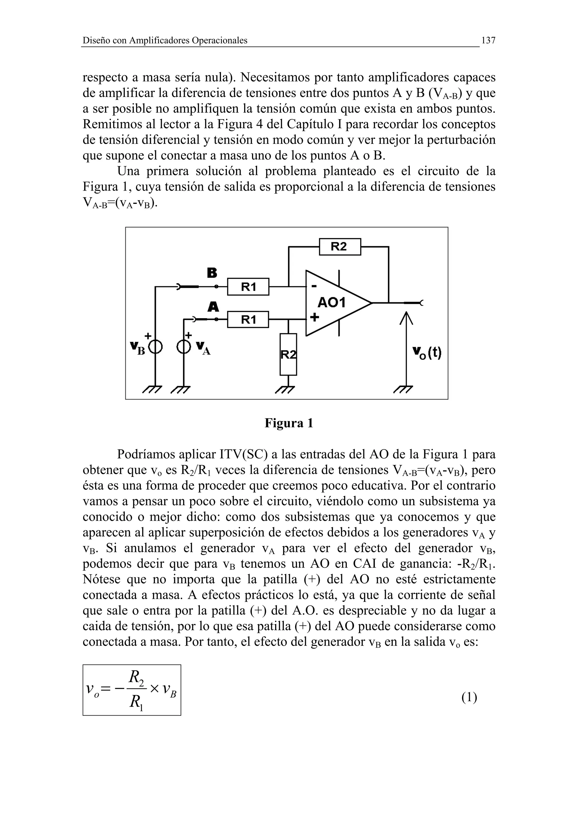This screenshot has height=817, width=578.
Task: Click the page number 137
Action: pyautogui.click(x=488, y=41)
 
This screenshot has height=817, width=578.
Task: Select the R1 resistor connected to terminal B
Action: pyautogui.click(x=248, y=286)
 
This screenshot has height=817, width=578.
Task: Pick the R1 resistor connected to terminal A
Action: pyautogui.click(x=248, y=319)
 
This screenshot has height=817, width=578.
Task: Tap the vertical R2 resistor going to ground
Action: pyautogui.click(x=288, y=354)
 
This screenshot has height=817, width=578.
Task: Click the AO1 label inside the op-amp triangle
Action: pyautogui.click(x=332, y=303)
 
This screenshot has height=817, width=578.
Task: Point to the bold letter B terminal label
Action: pyautogui.click(x=212, y=273)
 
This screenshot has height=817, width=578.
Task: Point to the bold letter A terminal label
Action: pyautogui.click(x=213, y=306)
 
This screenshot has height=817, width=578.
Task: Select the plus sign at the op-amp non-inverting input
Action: pyautogui.click(x=314, y=317)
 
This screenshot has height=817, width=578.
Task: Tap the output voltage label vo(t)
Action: pyautogui.click(x=427, y=353)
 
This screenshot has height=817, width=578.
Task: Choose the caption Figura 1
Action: pyautogui.click(x=288, y=423)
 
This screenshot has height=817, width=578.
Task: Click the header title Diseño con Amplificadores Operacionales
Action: pyautogui.click(x=165, y=41)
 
